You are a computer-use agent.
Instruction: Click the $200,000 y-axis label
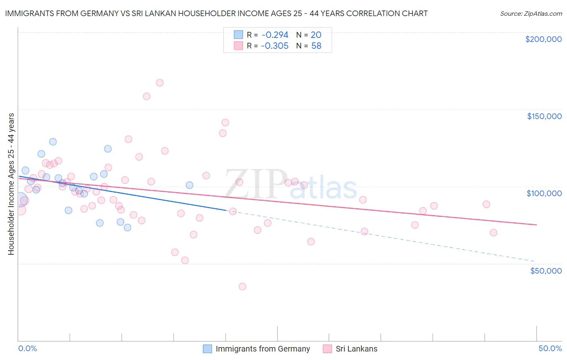(x=543, y=39)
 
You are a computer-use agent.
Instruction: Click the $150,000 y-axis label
(x=544, y=116)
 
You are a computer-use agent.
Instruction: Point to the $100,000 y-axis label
(x=544, y=193)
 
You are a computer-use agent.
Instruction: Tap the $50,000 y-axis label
(x=546, y=270)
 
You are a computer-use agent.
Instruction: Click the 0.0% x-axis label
(x=27, y=348)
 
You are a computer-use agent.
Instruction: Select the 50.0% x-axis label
(x=550, y=348)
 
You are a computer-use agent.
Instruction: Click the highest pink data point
(x=160, y=83)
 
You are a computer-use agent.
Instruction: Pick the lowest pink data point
(x=242, y=287)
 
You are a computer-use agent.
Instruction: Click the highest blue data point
(x=53, y=142)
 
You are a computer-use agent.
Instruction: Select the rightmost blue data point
(x=190, y=185)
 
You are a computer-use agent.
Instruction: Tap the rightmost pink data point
(x=493, y=232)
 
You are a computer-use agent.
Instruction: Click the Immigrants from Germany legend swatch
(x=207, y=349)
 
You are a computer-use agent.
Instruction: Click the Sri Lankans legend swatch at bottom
(x=327, y=349)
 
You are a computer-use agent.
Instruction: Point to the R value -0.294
(x=275, y=35)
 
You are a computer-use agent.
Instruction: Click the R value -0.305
(x=275, y=46)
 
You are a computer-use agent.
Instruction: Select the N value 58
(x=316, y=46)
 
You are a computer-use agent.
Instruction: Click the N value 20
(x=316, y=35)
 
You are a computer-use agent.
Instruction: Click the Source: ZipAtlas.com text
(x=531, y=13)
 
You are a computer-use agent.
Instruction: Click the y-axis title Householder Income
(x=11, y=184)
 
